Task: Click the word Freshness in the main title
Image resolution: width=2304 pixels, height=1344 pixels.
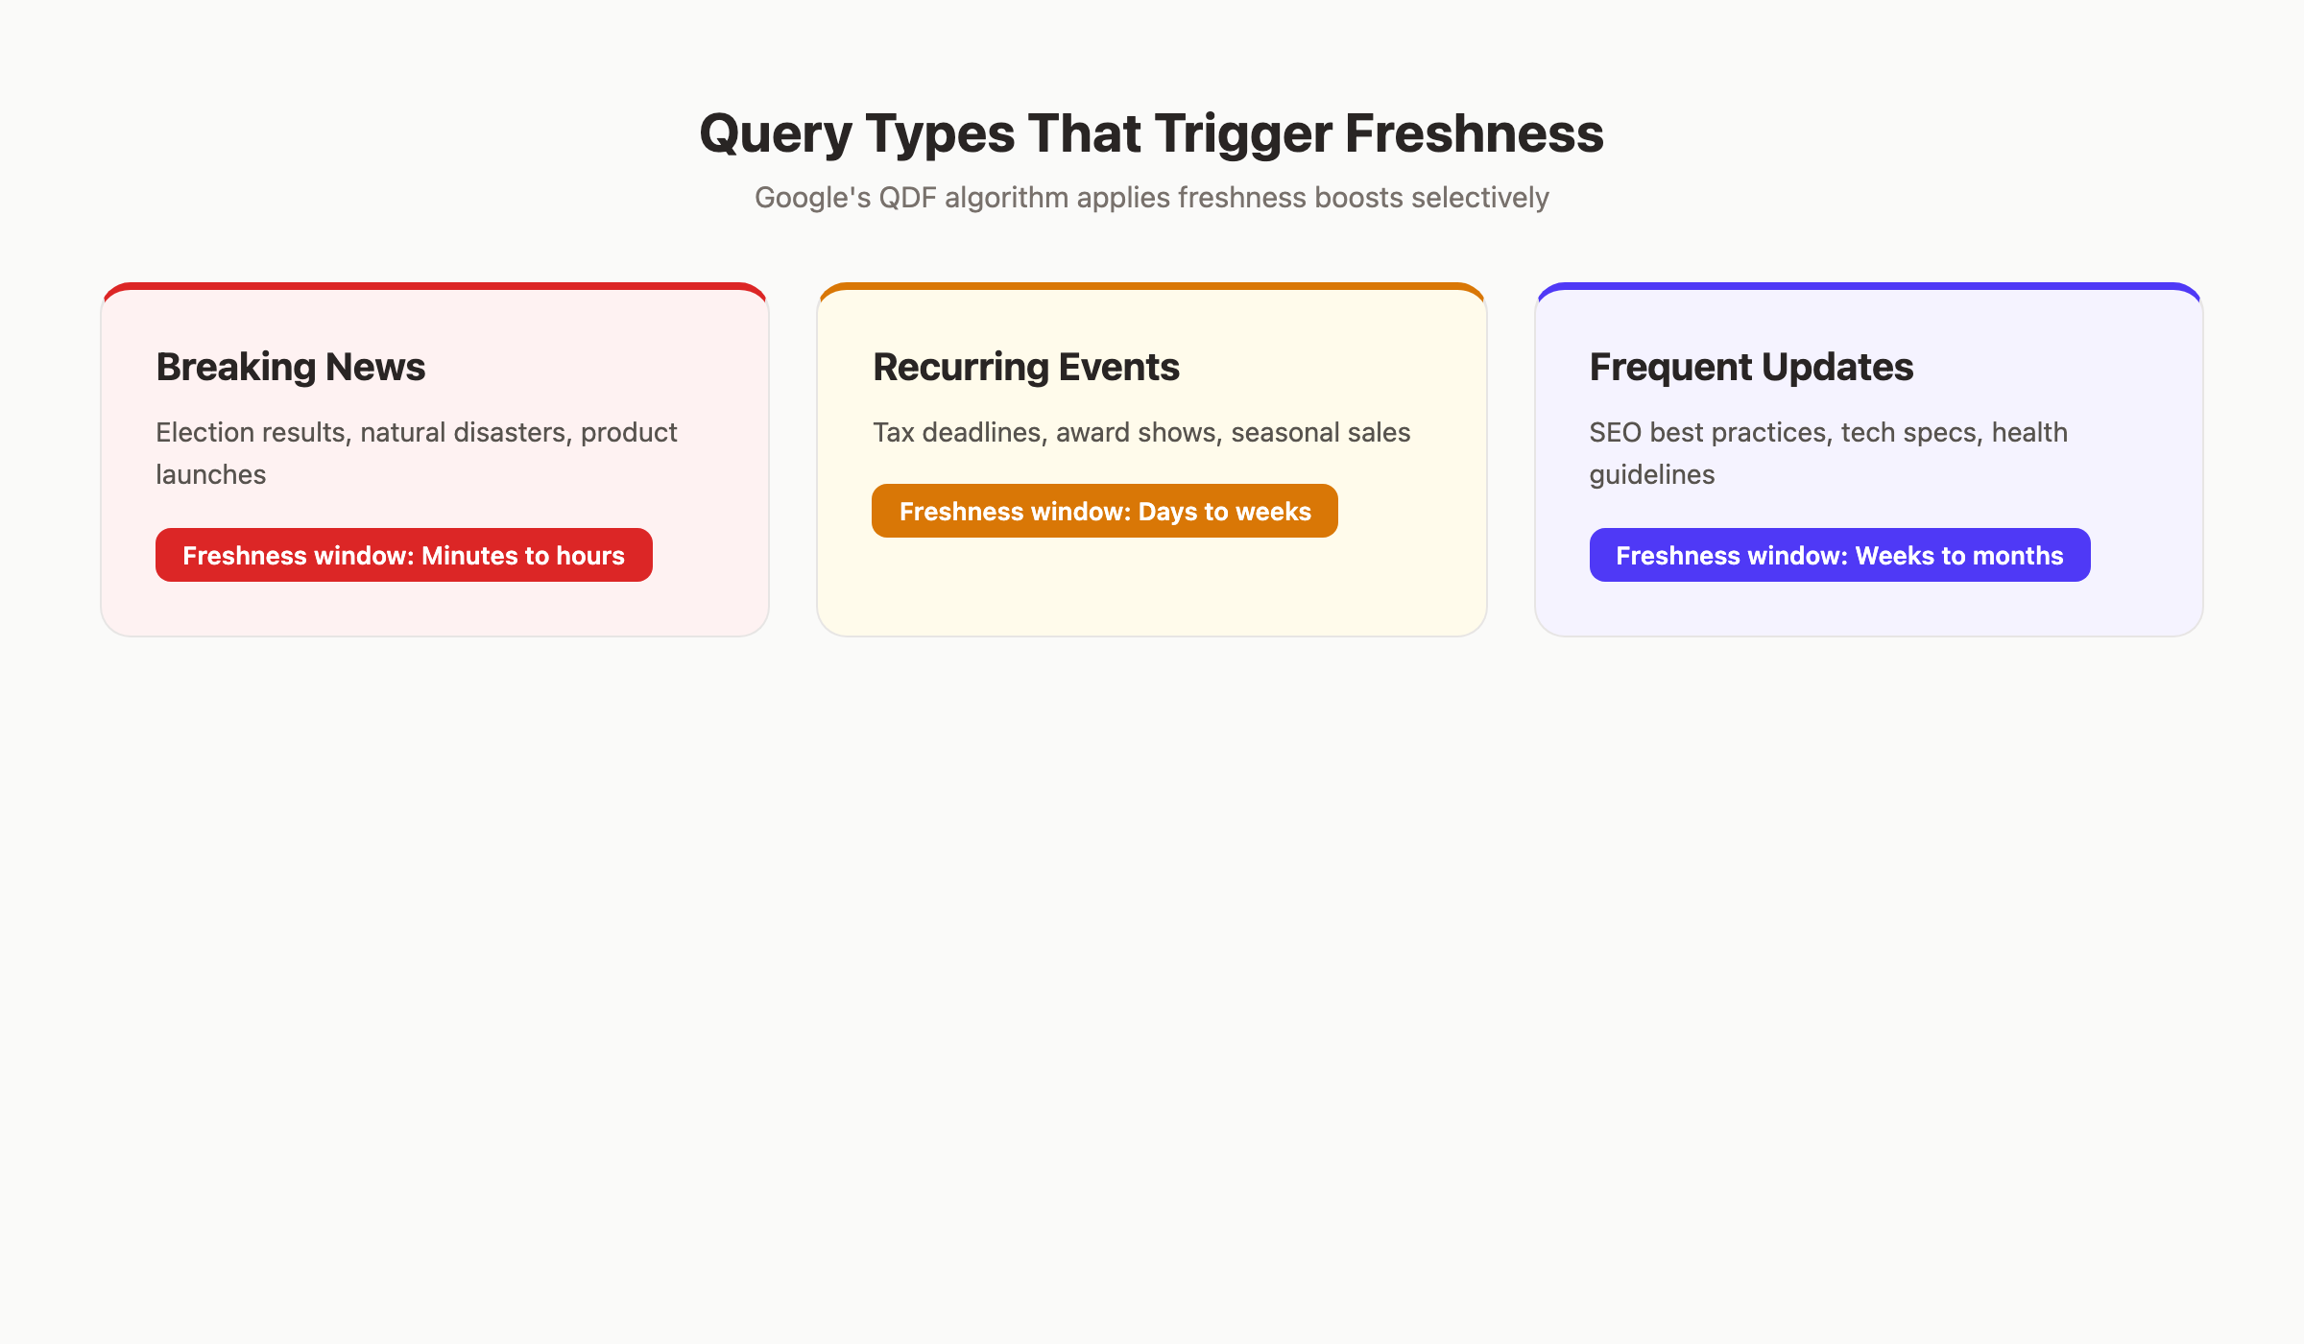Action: (x=1474, y=133)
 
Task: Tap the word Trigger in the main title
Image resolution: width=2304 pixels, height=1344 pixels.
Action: (x=1242, y=133)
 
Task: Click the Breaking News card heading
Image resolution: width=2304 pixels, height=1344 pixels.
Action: (x=290, y=367)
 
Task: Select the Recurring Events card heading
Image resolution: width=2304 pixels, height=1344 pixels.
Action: (x=1025, y=367)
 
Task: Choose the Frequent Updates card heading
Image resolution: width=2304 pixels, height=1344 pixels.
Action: (x=1751, y=367)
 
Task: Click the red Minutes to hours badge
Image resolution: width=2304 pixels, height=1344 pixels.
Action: (x=403, y=555)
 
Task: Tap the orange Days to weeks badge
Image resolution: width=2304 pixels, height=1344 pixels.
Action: (x=1104, y=511)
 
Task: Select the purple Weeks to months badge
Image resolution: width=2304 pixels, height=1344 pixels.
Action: (x=1839, y=555)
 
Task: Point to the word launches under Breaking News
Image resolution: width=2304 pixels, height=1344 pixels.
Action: (x=210, y=475)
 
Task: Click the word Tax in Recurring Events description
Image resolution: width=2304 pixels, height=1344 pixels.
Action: (x=893, y=433)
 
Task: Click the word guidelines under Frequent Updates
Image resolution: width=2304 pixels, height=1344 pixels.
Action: (x=1651, y=475)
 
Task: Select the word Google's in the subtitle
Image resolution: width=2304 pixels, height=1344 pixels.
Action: (x=812, y=198)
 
